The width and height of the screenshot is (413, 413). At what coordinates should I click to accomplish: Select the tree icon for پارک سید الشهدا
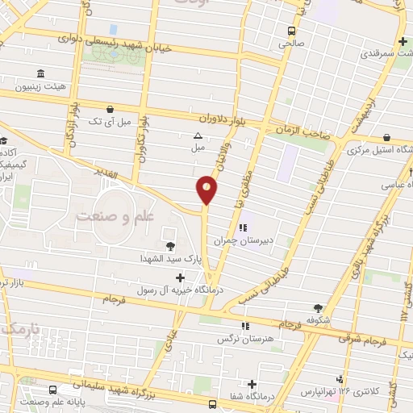170,247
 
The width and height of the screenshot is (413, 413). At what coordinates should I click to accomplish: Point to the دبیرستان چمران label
244,240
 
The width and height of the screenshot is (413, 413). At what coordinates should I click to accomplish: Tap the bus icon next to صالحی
291,30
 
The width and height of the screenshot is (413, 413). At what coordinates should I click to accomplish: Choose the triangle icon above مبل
198,136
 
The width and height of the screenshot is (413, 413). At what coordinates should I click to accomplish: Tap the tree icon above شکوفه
318,307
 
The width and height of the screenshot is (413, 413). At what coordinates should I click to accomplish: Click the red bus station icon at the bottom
212,404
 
